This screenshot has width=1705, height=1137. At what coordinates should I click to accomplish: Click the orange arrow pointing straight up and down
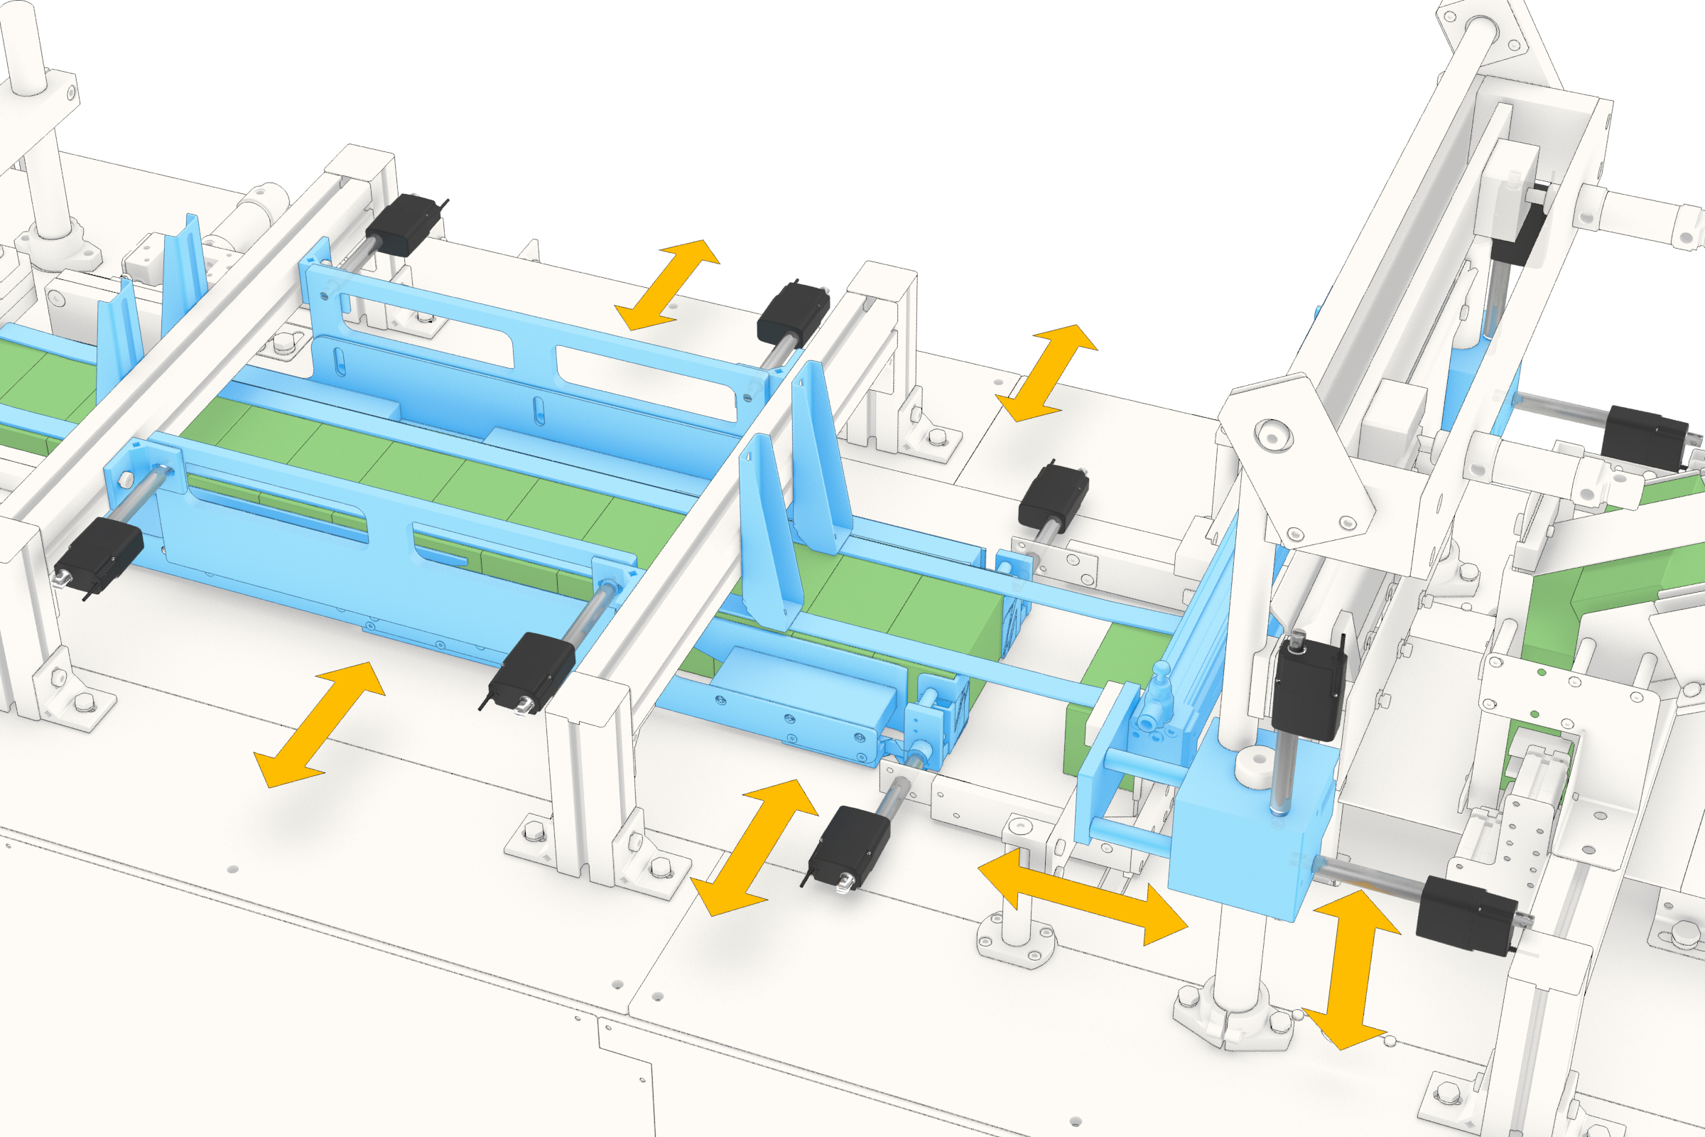[x=1350, y=970]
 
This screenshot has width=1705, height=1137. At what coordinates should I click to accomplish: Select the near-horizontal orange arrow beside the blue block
[x=1082, y=898]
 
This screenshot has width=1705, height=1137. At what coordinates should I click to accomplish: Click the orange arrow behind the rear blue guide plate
[x=667, y=285]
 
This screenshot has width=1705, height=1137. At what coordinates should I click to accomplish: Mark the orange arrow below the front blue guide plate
[x=319, y=724]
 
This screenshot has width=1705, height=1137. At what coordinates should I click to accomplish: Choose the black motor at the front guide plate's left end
[x=99, y=554]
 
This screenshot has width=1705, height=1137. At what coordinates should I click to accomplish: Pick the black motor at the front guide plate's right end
[x=532, y=670]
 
